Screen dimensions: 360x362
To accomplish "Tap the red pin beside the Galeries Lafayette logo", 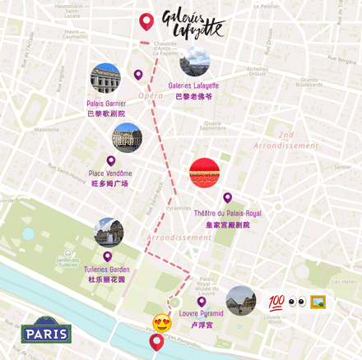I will [146, 22].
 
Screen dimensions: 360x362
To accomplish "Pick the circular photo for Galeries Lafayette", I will [194, 60].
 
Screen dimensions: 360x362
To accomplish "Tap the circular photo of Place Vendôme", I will [127, 137].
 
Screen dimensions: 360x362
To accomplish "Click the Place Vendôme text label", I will [109, 178].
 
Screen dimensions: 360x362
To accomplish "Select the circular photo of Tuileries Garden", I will [109, 233].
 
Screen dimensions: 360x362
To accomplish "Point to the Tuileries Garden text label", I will [107, 274].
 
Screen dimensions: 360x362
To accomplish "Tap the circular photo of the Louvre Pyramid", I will [240, 301].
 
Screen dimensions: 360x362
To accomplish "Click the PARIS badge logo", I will [46, 332].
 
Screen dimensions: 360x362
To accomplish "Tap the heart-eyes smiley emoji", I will [161, 322].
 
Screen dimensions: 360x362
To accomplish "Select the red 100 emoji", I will [276, 302].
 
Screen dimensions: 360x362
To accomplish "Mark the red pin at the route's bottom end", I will [156, 342].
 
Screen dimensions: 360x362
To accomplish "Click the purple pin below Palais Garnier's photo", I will [138, 75].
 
